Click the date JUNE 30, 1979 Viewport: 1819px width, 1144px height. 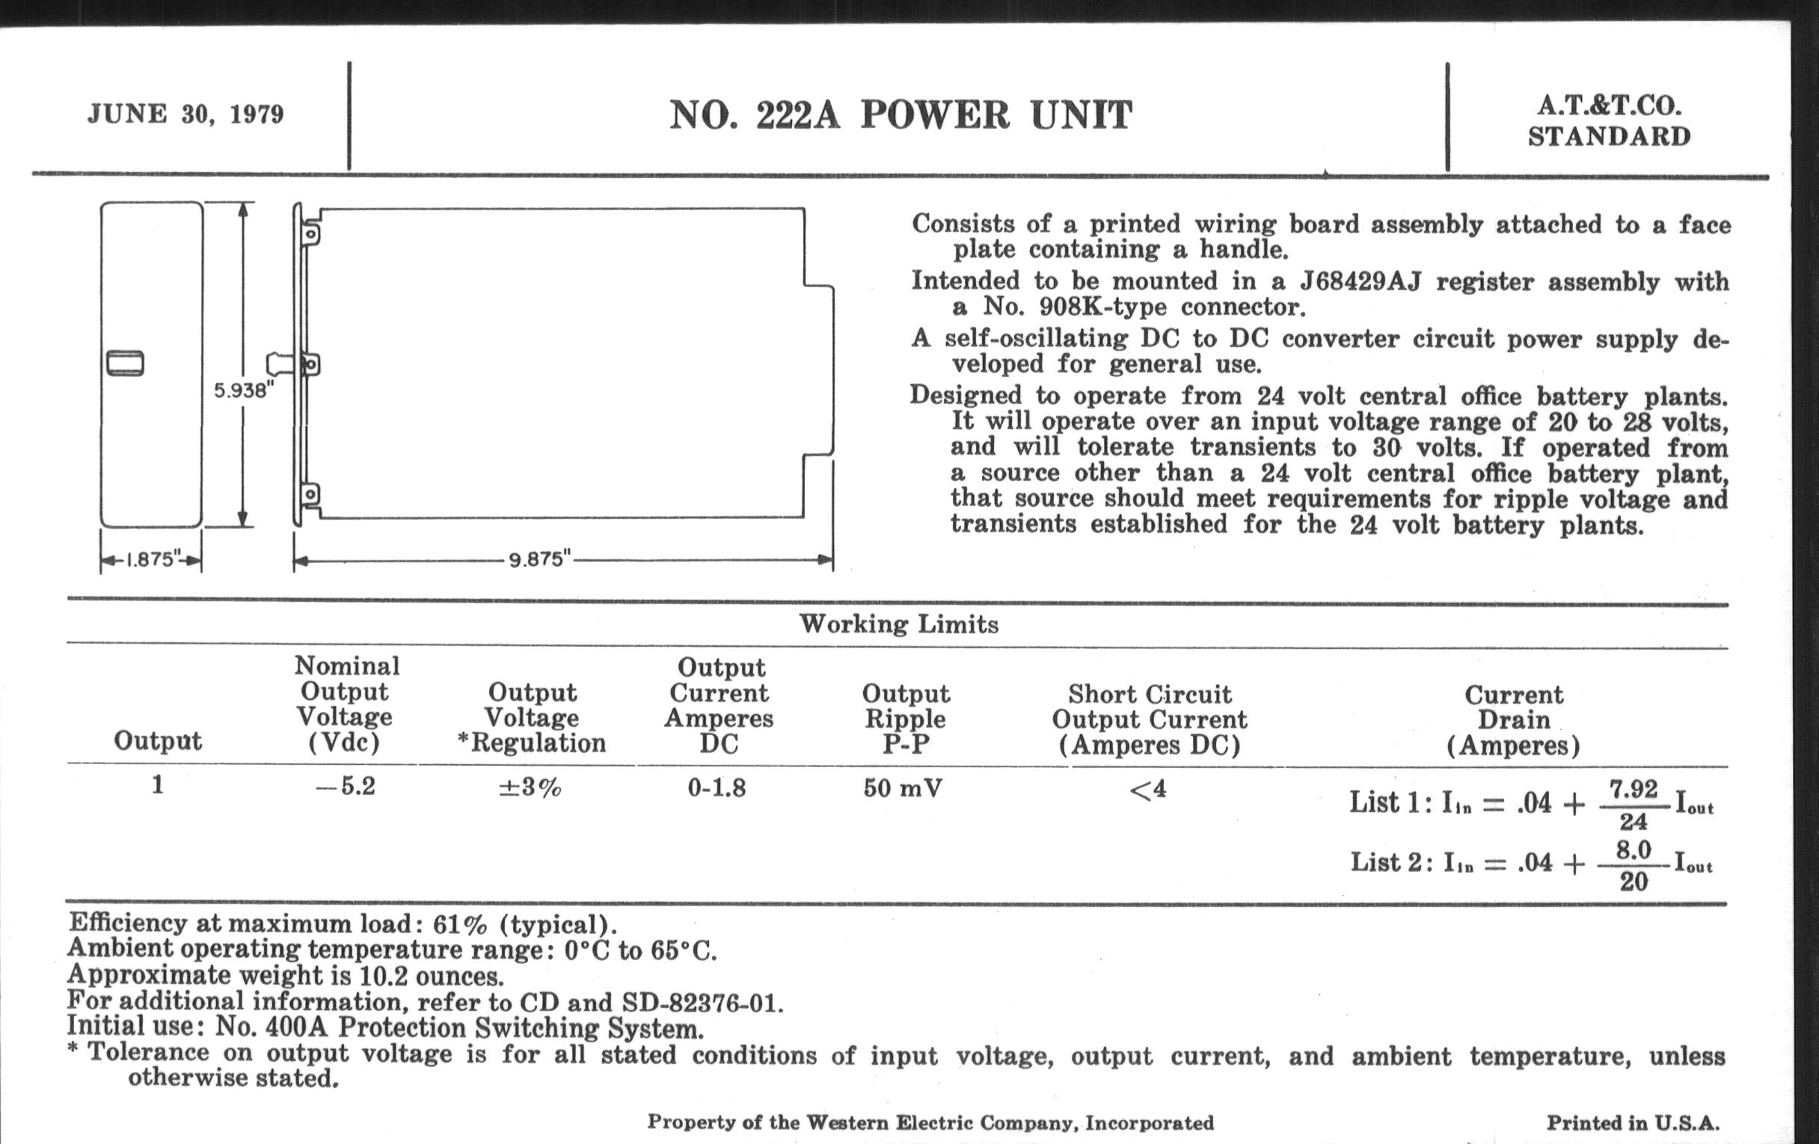point(185,114)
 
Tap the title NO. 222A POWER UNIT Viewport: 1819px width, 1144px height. point(901,116)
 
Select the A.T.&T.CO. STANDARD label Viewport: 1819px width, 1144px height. point(1609,121)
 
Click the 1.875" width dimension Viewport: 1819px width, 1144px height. point(151,559)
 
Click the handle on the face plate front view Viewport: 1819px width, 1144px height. point(126,363)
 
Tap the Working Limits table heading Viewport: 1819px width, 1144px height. point(899,624)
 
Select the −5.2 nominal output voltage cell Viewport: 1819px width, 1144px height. point(346,786)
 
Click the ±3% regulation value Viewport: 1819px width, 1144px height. point(530,787)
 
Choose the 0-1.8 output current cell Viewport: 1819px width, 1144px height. point(717,788)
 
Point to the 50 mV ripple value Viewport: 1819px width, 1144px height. point(903,788)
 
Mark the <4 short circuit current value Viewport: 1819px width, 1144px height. point(1148,790)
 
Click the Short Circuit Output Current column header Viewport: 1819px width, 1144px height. point(1150,719)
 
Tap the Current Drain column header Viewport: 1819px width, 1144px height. point(1514,720)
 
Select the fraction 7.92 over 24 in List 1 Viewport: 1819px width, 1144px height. point(1634,805)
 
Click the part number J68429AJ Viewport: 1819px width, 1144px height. point(1361,281)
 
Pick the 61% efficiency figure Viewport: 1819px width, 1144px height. point(460,924)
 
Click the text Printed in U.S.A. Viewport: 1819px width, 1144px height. point(1634,1123)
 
